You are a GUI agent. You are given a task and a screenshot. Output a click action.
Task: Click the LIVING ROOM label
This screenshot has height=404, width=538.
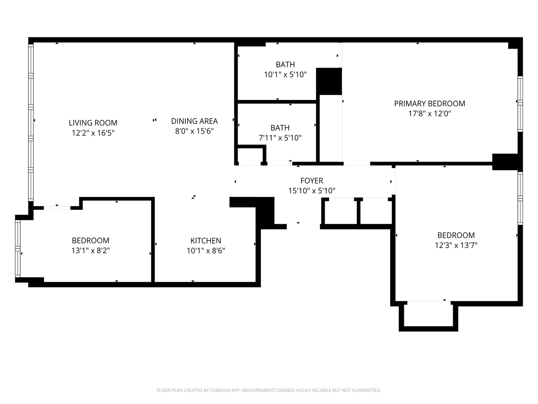tap(93, 123)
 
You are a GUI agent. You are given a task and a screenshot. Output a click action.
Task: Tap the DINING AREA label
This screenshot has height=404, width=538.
tap(194, 121)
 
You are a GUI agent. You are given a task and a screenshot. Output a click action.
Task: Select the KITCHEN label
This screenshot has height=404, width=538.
tap(206, 241)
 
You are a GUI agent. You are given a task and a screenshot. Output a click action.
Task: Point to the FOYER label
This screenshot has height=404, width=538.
tap(312, 181)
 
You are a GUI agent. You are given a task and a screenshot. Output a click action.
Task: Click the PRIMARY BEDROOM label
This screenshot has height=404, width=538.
tap(430, 103)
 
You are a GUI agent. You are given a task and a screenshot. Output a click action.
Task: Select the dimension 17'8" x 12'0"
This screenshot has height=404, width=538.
tap(430, 114)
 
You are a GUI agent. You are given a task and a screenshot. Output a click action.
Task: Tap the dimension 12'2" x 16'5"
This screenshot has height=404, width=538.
tap(93, 133)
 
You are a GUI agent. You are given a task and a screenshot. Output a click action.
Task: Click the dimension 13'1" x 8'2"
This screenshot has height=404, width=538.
tap(90, 251)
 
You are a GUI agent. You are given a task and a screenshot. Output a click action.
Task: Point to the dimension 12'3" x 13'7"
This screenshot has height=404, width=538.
tap(456, 245)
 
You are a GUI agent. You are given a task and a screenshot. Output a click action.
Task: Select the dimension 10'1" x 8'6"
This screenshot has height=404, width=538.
tap(206, 251)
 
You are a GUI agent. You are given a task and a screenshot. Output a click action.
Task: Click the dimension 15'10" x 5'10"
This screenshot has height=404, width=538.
tap(312, 191)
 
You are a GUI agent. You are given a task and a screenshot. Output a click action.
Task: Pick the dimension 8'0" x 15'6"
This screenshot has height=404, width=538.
tap(194, 131)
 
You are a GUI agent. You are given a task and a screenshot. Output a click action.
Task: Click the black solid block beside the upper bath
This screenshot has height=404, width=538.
tap(329, 81)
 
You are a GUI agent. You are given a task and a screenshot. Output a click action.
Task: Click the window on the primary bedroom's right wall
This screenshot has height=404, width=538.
tap(520, 104)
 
